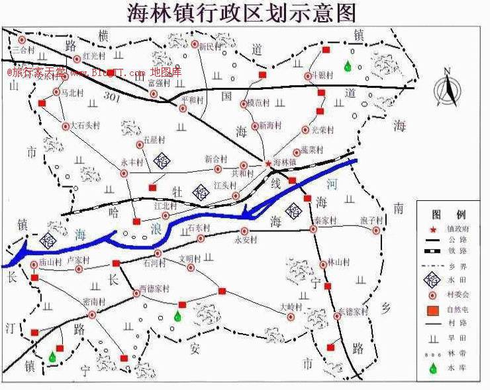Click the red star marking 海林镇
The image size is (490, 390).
point(268,163)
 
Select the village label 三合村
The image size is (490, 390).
point(23,50)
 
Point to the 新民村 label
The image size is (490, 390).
point(210,46)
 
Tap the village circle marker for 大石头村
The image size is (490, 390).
point(66,126)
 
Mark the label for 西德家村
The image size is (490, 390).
point(154,289)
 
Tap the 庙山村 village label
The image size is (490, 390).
point(50,262)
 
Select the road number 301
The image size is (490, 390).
point(113,98)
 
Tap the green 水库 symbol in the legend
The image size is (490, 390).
point(434,368)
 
